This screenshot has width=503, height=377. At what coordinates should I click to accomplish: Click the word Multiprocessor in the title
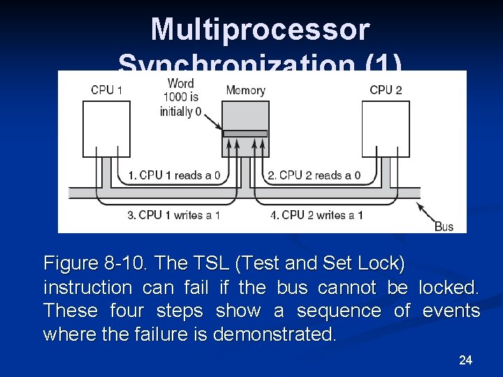click(260, 30)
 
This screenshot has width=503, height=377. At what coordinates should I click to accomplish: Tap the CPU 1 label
click(107, 89)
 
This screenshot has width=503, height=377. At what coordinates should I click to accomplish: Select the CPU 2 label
click(386, 89)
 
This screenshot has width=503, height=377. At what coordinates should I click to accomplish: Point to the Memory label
click(245, 90)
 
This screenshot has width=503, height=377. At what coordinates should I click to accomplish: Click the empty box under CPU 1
click(108, 128)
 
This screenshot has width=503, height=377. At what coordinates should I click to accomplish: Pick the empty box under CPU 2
click(385, 128)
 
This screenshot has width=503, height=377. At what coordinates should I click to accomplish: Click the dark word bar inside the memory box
click(245, 133)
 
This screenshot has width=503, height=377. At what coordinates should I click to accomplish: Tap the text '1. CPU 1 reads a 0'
click(170, 175)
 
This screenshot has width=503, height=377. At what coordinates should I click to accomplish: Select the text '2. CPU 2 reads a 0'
click(314, 175)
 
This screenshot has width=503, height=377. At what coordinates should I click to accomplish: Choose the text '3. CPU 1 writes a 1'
click(174, 215)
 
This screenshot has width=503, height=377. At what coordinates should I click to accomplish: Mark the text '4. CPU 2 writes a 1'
click(316, 215)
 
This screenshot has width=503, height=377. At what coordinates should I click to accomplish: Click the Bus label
click(444, 226)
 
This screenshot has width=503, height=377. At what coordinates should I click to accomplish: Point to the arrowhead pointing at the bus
click(420, 205)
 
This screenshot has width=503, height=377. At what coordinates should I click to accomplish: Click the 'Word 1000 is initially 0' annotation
click(180, 98)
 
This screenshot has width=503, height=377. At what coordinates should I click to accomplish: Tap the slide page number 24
click(465, 360)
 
